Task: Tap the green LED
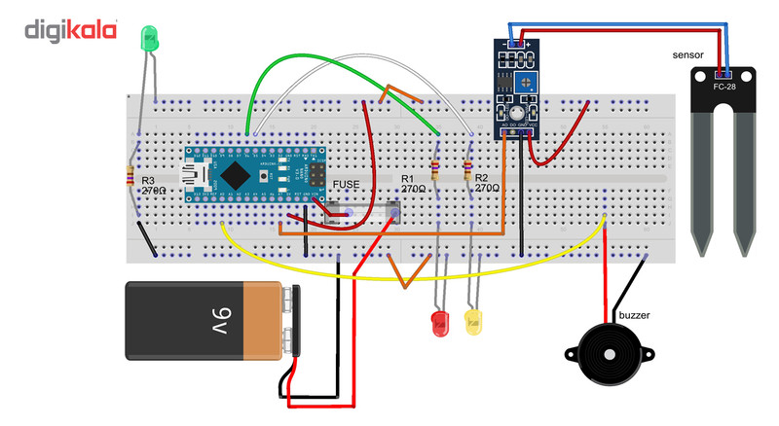150,40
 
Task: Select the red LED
439,324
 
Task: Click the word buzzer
632,316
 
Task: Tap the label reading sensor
687,55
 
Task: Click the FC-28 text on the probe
723,87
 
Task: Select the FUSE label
347,184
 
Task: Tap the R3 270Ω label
154,186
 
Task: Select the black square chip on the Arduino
237,174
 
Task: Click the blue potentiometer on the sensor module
526,86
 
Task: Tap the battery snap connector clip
290,320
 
